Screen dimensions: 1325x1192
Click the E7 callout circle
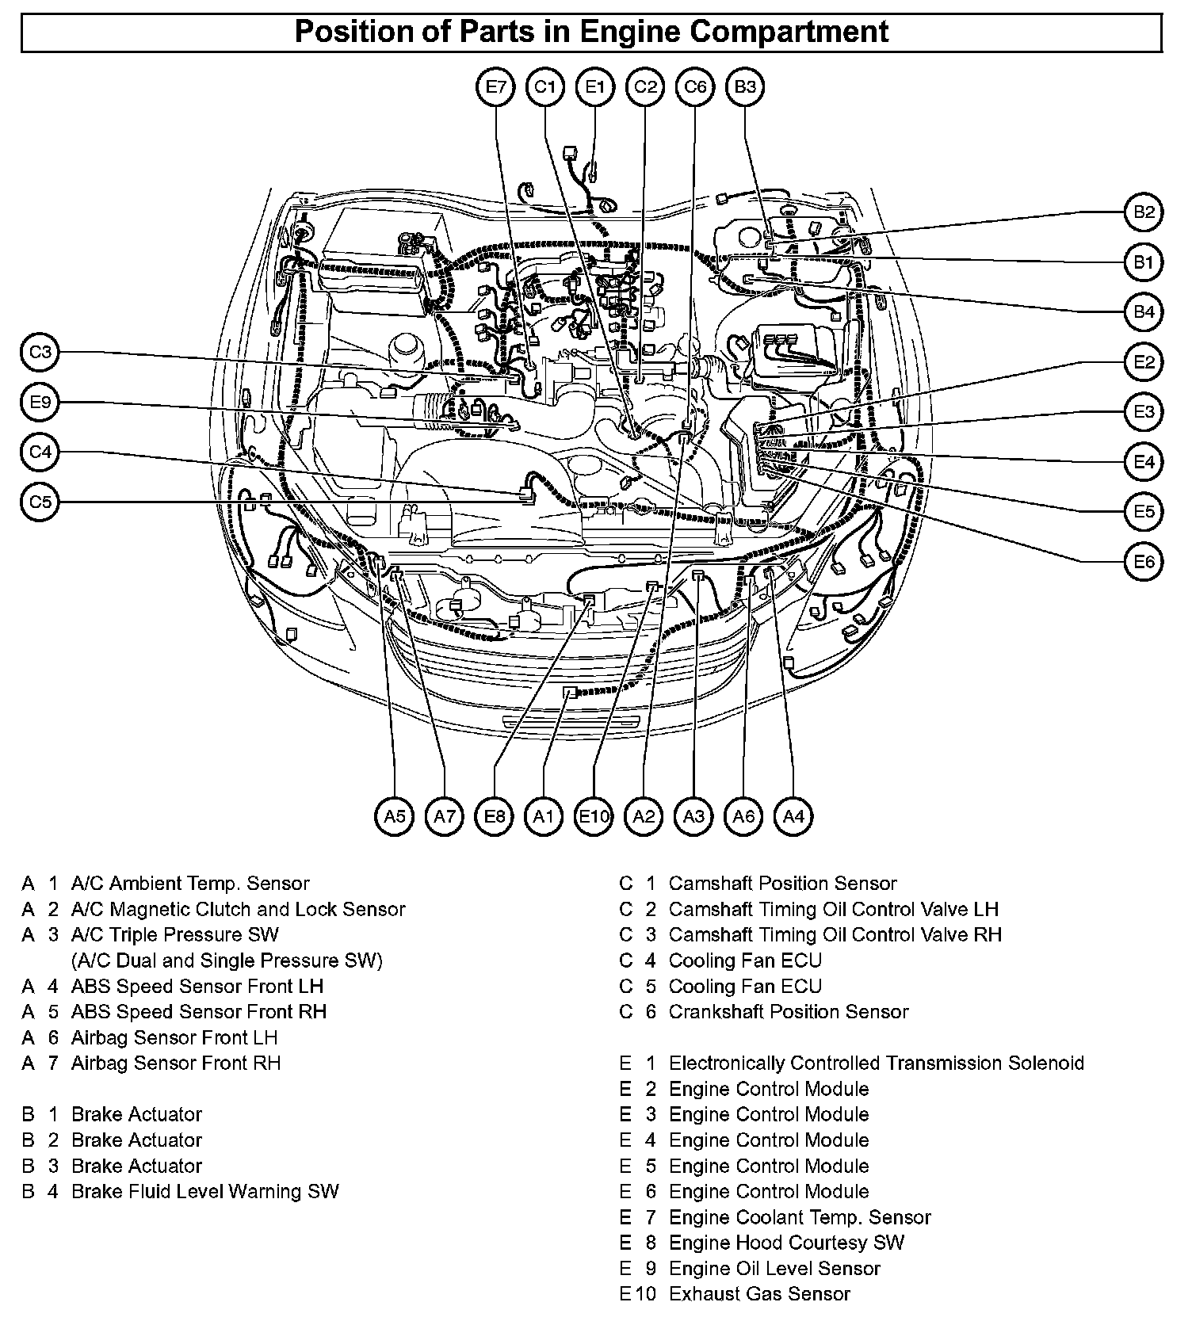(x=495, y=86)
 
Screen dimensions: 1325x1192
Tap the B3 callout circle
(x=745, y=86)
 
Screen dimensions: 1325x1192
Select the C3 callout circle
(x=40, y=352)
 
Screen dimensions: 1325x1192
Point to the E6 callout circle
(x=1144, y=562)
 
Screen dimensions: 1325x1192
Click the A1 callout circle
(x=544, y=816)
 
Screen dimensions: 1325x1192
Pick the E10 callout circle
(x=594, y=816)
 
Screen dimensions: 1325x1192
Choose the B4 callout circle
(x=1144, y=311)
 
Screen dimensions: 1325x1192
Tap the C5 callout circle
(x=40, y=502)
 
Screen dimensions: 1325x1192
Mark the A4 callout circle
(x=793, y=816)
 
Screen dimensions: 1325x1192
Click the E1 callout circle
(x=595, y=86)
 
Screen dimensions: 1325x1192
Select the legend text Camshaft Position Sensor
(x=782, y=883)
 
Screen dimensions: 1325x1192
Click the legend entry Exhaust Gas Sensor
(x=759, y=1293)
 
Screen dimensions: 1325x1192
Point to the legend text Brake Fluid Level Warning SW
(x=204, y=1191)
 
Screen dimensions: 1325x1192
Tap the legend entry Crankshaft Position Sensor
(x=788, y=1011)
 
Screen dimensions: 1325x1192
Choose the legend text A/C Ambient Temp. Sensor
(x=190, y=883)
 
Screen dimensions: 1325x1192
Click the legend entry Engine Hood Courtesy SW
(x=786, y=1243)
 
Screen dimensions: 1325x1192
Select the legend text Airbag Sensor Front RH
(x=176, y=1063)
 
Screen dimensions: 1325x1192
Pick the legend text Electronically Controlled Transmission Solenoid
(x=876, y=1063)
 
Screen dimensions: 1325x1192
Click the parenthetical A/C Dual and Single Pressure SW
(x=227, y=960)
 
